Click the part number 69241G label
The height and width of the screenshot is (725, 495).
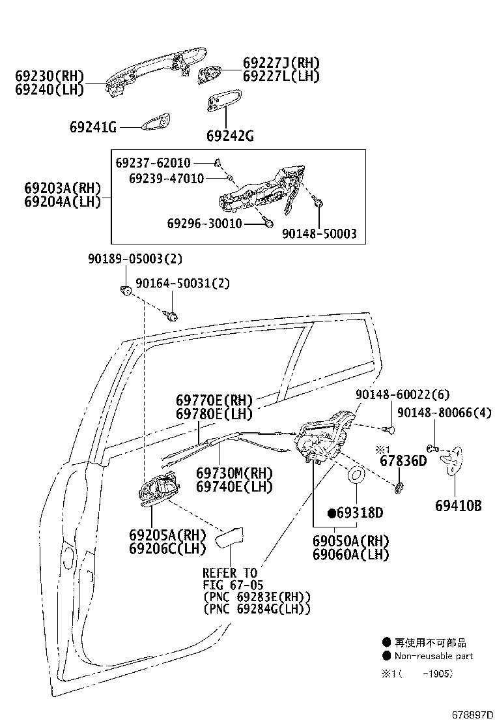(92, 128)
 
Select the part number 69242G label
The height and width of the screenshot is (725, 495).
(229, 136)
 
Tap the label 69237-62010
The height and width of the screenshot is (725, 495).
(153, 162)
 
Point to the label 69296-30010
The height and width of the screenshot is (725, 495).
(205, 224)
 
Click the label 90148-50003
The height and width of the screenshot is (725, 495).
(319, 233)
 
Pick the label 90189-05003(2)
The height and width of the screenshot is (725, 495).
(135, 259)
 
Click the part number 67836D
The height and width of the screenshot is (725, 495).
(403, 462)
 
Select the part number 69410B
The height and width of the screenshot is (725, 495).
(459, 505)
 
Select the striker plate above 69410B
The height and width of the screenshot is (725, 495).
(455, 461)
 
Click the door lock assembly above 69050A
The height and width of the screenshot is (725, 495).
(324, 437)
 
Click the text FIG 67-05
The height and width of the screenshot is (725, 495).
(233, 585)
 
